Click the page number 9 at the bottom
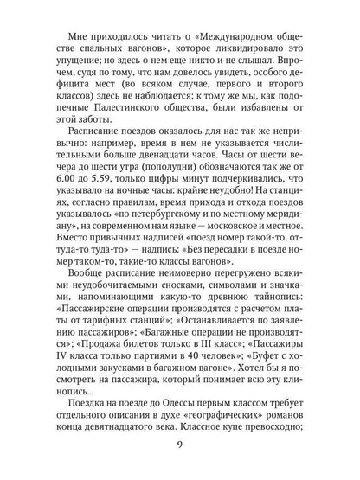tap(179, 446)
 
